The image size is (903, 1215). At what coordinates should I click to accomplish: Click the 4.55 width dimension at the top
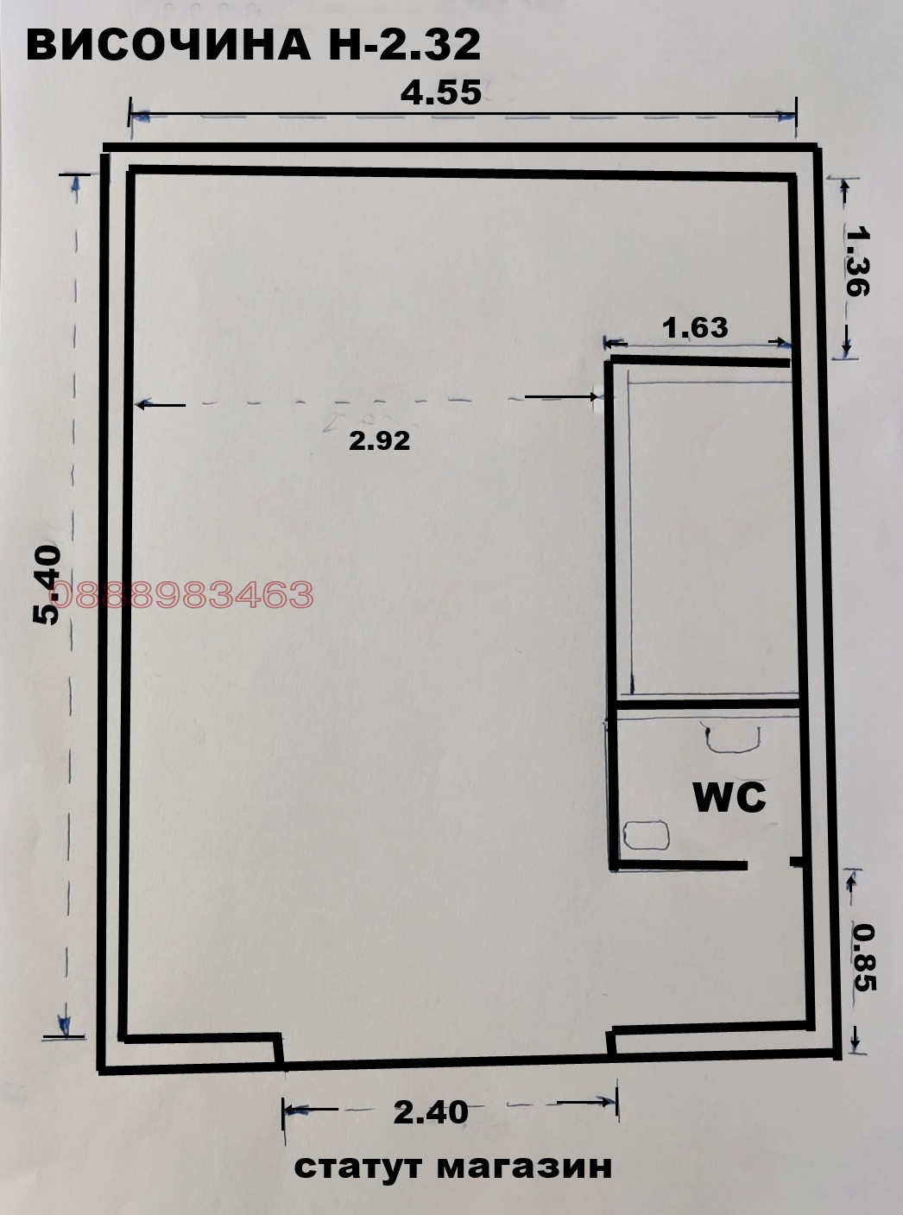point(440,93)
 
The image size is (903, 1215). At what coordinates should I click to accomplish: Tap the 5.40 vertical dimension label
point(47,585)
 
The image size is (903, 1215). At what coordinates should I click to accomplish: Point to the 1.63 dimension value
point(695,328)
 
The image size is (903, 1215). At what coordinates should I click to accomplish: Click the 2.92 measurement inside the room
point(380,440)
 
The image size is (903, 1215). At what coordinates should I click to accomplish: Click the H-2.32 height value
point(404,45)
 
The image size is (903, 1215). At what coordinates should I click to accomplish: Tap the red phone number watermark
point(184,594)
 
